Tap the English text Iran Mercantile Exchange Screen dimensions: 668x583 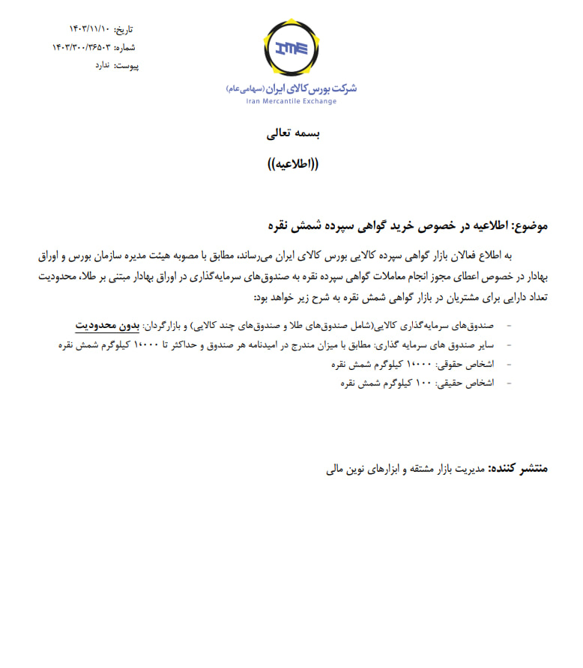[291, 101]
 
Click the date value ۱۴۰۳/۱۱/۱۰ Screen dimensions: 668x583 [90, 29]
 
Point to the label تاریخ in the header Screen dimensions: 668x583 [124, 29]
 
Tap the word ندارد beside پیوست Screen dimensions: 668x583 [103, 65]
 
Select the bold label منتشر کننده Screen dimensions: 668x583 [519, 468]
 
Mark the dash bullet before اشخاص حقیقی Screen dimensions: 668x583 [510, 383]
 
